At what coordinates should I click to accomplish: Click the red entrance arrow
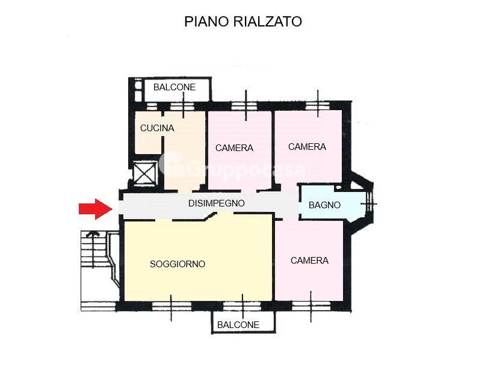pyautogui.click(x=95, y=208)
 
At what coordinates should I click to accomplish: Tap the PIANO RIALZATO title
pyautogui.click(x=243, y=22)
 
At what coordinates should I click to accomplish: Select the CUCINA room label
pyautogui.click(x=157, y=128)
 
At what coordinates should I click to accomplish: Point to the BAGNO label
pyautogui.click(x=324, y=205)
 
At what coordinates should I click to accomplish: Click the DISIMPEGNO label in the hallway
pyautogui.click(x=217, y=203)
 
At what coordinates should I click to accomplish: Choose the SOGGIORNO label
pyautogui.click(x=178, y=264)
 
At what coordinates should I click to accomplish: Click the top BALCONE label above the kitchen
pyautogui.click(x=175, y=87)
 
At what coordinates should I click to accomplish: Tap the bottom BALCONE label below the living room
pyautogui.click(x=238, y=325)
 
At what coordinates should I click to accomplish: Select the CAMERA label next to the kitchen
pyautogui.click(x=234, y=147)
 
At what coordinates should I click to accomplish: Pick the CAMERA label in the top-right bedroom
pyautogui.click(x=307, y=146)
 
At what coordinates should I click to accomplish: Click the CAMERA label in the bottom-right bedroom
pyautogui.click(x=309, y=260)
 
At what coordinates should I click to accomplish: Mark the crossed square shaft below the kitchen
pyautogui.click(x=146, y=173)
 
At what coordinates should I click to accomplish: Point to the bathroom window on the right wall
pyautogui.click(x=369, y=204)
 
